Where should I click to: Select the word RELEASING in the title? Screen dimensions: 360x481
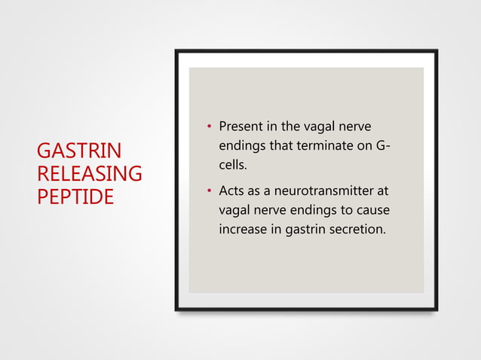tap(89, 174)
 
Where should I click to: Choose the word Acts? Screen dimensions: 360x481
tap(231, 191)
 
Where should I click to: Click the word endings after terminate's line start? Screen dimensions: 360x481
tap(241, 144)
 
